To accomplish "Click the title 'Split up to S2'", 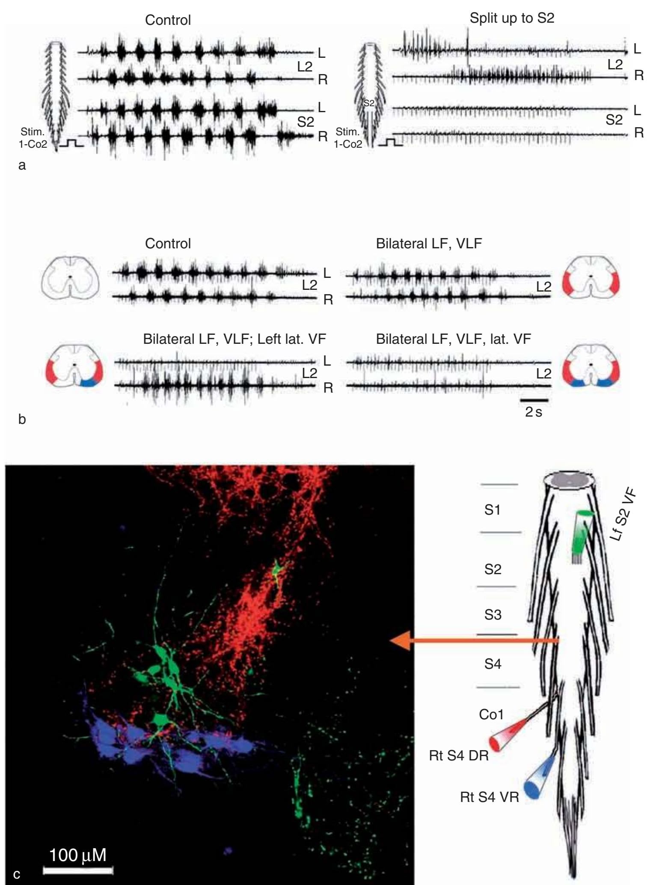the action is tap(512, 18).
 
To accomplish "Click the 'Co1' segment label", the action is tap(491, 714).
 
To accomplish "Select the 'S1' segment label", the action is tap(492, 510).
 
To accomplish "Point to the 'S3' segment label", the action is tap(493, 615).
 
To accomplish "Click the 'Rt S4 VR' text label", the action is tap(489, 797).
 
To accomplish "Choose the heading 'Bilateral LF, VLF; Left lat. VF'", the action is tap(234, 339).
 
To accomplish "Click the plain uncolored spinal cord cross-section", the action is tap(70, 277).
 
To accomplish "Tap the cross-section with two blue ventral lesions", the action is tap(591, 365).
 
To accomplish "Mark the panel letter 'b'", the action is tap(22, 419).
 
